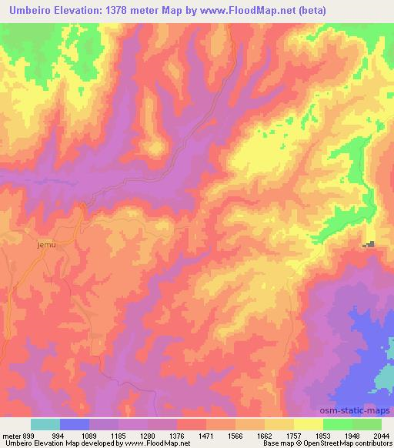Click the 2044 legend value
pos(381,435)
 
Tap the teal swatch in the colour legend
pos(45,424)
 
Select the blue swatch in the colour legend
pos(75,424)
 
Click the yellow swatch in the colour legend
pos(308,424)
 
